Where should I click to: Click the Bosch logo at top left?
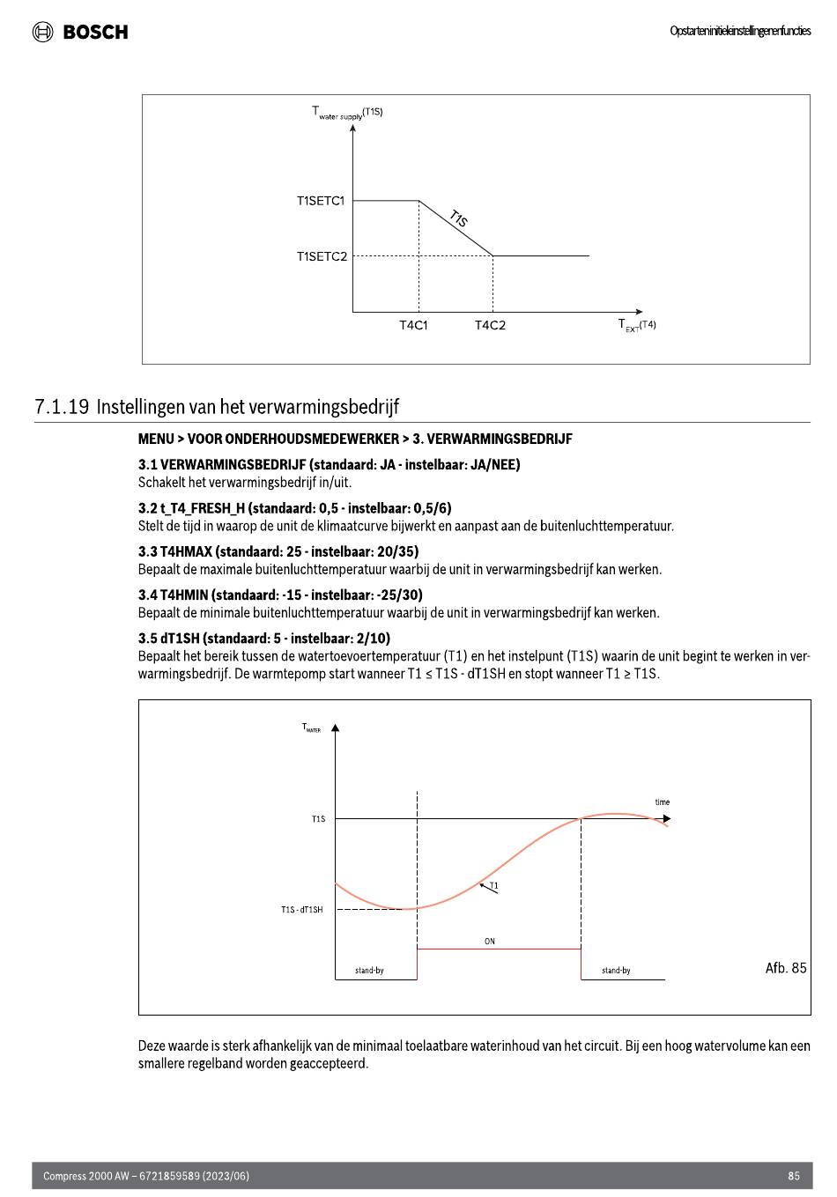[x=80, y=32]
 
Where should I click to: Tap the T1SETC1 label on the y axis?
[x=321, y=201]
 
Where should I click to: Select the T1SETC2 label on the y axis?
[x=322, y=256]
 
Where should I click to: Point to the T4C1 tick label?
[x=413, y=326]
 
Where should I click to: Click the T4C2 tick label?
[x=490, y=326]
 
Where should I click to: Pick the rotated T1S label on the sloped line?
[x=458, y=218]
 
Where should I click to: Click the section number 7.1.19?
[x=62, y=407]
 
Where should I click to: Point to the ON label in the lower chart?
[x=490, y=942]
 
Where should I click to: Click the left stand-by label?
[x=369, y=971]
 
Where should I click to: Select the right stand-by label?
[x=616, y=971]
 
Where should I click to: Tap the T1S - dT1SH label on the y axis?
[x=302, y=910]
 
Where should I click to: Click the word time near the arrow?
[x=663, y=802]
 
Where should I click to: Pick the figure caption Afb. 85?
[x=786, y=968]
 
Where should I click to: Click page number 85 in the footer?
[x=794, y=1176]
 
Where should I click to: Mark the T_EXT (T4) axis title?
[x=636, y=326]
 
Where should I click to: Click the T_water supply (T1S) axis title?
[x=346, y=112]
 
